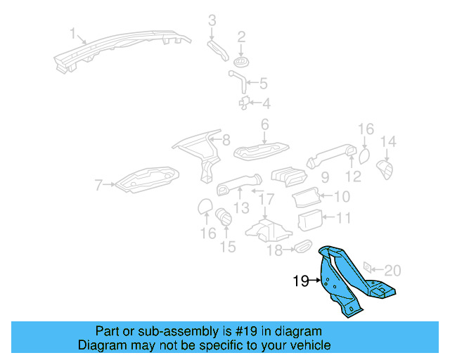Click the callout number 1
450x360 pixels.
[72, 32]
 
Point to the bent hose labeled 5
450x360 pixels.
[238, 79]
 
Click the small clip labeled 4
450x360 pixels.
[244, 103]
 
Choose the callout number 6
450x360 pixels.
[264, 124]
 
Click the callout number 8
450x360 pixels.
[226, 140]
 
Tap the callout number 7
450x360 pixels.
[98, 185]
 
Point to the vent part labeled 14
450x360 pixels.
[385, 169]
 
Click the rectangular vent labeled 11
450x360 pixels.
[309, 221]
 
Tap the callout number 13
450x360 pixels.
[241, 208]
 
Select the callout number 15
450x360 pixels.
[228, 247]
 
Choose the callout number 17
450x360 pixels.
[264, 200]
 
